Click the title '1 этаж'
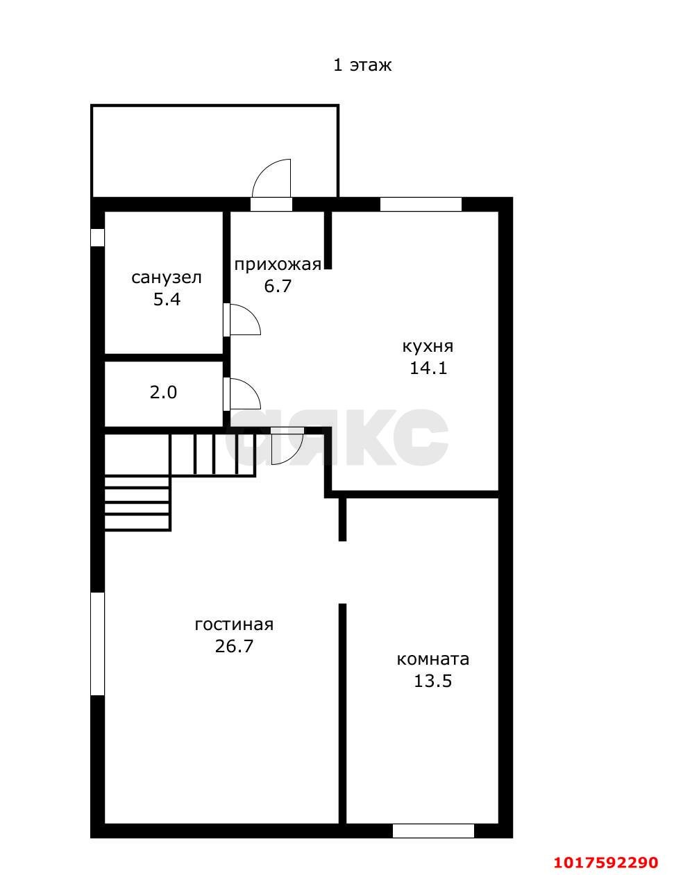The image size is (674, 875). click(x=362, y=65)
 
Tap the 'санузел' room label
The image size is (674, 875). click(x=167, y=278)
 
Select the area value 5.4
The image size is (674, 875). click(x=167, y=299)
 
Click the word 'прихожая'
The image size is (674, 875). click(x=278, y=264)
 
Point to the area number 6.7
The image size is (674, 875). click(x=278, y=287)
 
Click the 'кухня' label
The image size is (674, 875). click(x=428, y=346)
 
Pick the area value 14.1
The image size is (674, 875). click(x=428, y=368)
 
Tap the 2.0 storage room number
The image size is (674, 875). click(x=163, y=392)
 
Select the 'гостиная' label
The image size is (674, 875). click(x=234, y=625)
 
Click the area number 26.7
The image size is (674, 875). click(x=234, y=646)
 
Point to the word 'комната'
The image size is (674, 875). click(x=433, y=660)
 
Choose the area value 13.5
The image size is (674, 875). click(x=433, y=681)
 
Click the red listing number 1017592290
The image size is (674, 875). click(x=606, y=859)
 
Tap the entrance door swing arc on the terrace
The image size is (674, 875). click(x=262, y=169)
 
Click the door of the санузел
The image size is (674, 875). click(x=242, y=320)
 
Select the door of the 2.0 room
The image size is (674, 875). click(x=242, y=393)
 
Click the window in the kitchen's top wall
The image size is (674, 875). click(x=421, y=204)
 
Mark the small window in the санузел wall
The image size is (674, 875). click(x=97, y=237)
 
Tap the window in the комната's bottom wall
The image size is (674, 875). click(x=433, y=831)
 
